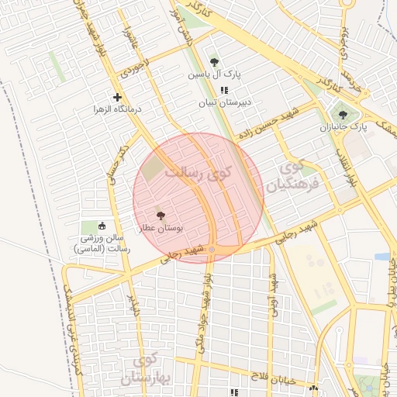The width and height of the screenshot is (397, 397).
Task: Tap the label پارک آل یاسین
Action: click(215, 76)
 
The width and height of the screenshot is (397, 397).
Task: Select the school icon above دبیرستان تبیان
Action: click(224, 91)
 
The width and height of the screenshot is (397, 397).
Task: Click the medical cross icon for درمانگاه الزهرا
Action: click(117, 98)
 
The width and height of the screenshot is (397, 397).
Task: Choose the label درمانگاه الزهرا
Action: click(117, 111)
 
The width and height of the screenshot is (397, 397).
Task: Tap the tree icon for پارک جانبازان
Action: click(343, 115)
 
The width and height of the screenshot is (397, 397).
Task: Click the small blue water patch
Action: click(381, 256)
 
